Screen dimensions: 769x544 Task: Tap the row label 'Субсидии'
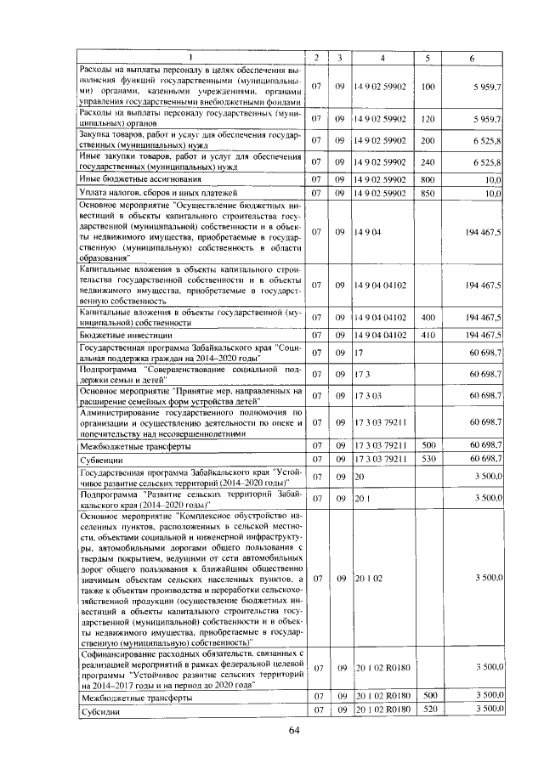coord(95,710)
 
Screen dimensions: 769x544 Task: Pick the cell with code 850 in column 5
coord(428,194)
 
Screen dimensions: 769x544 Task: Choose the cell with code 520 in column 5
coord(428,710)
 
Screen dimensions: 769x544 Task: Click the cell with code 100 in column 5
coord(428,87)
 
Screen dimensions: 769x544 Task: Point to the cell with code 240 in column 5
coord(428,161)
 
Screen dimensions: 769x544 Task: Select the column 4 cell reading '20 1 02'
coord(370,578)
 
